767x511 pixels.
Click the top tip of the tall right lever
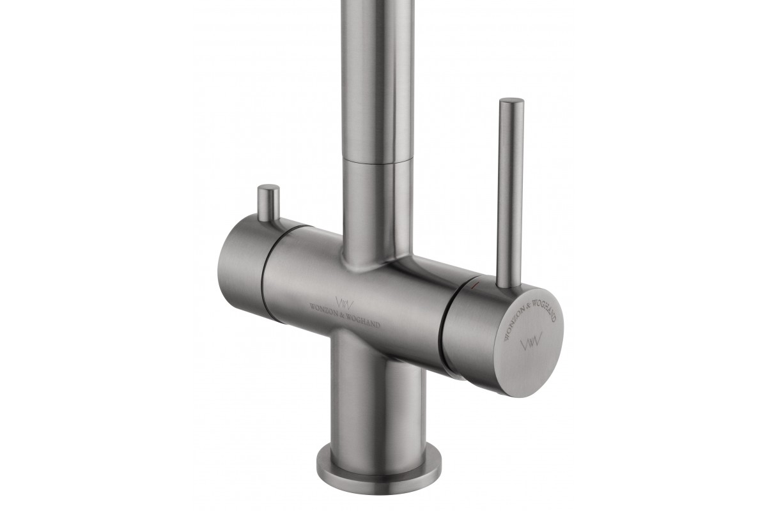click(511, 100)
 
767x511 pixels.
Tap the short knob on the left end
click(268, 202)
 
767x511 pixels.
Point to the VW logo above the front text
click(344, 302)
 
